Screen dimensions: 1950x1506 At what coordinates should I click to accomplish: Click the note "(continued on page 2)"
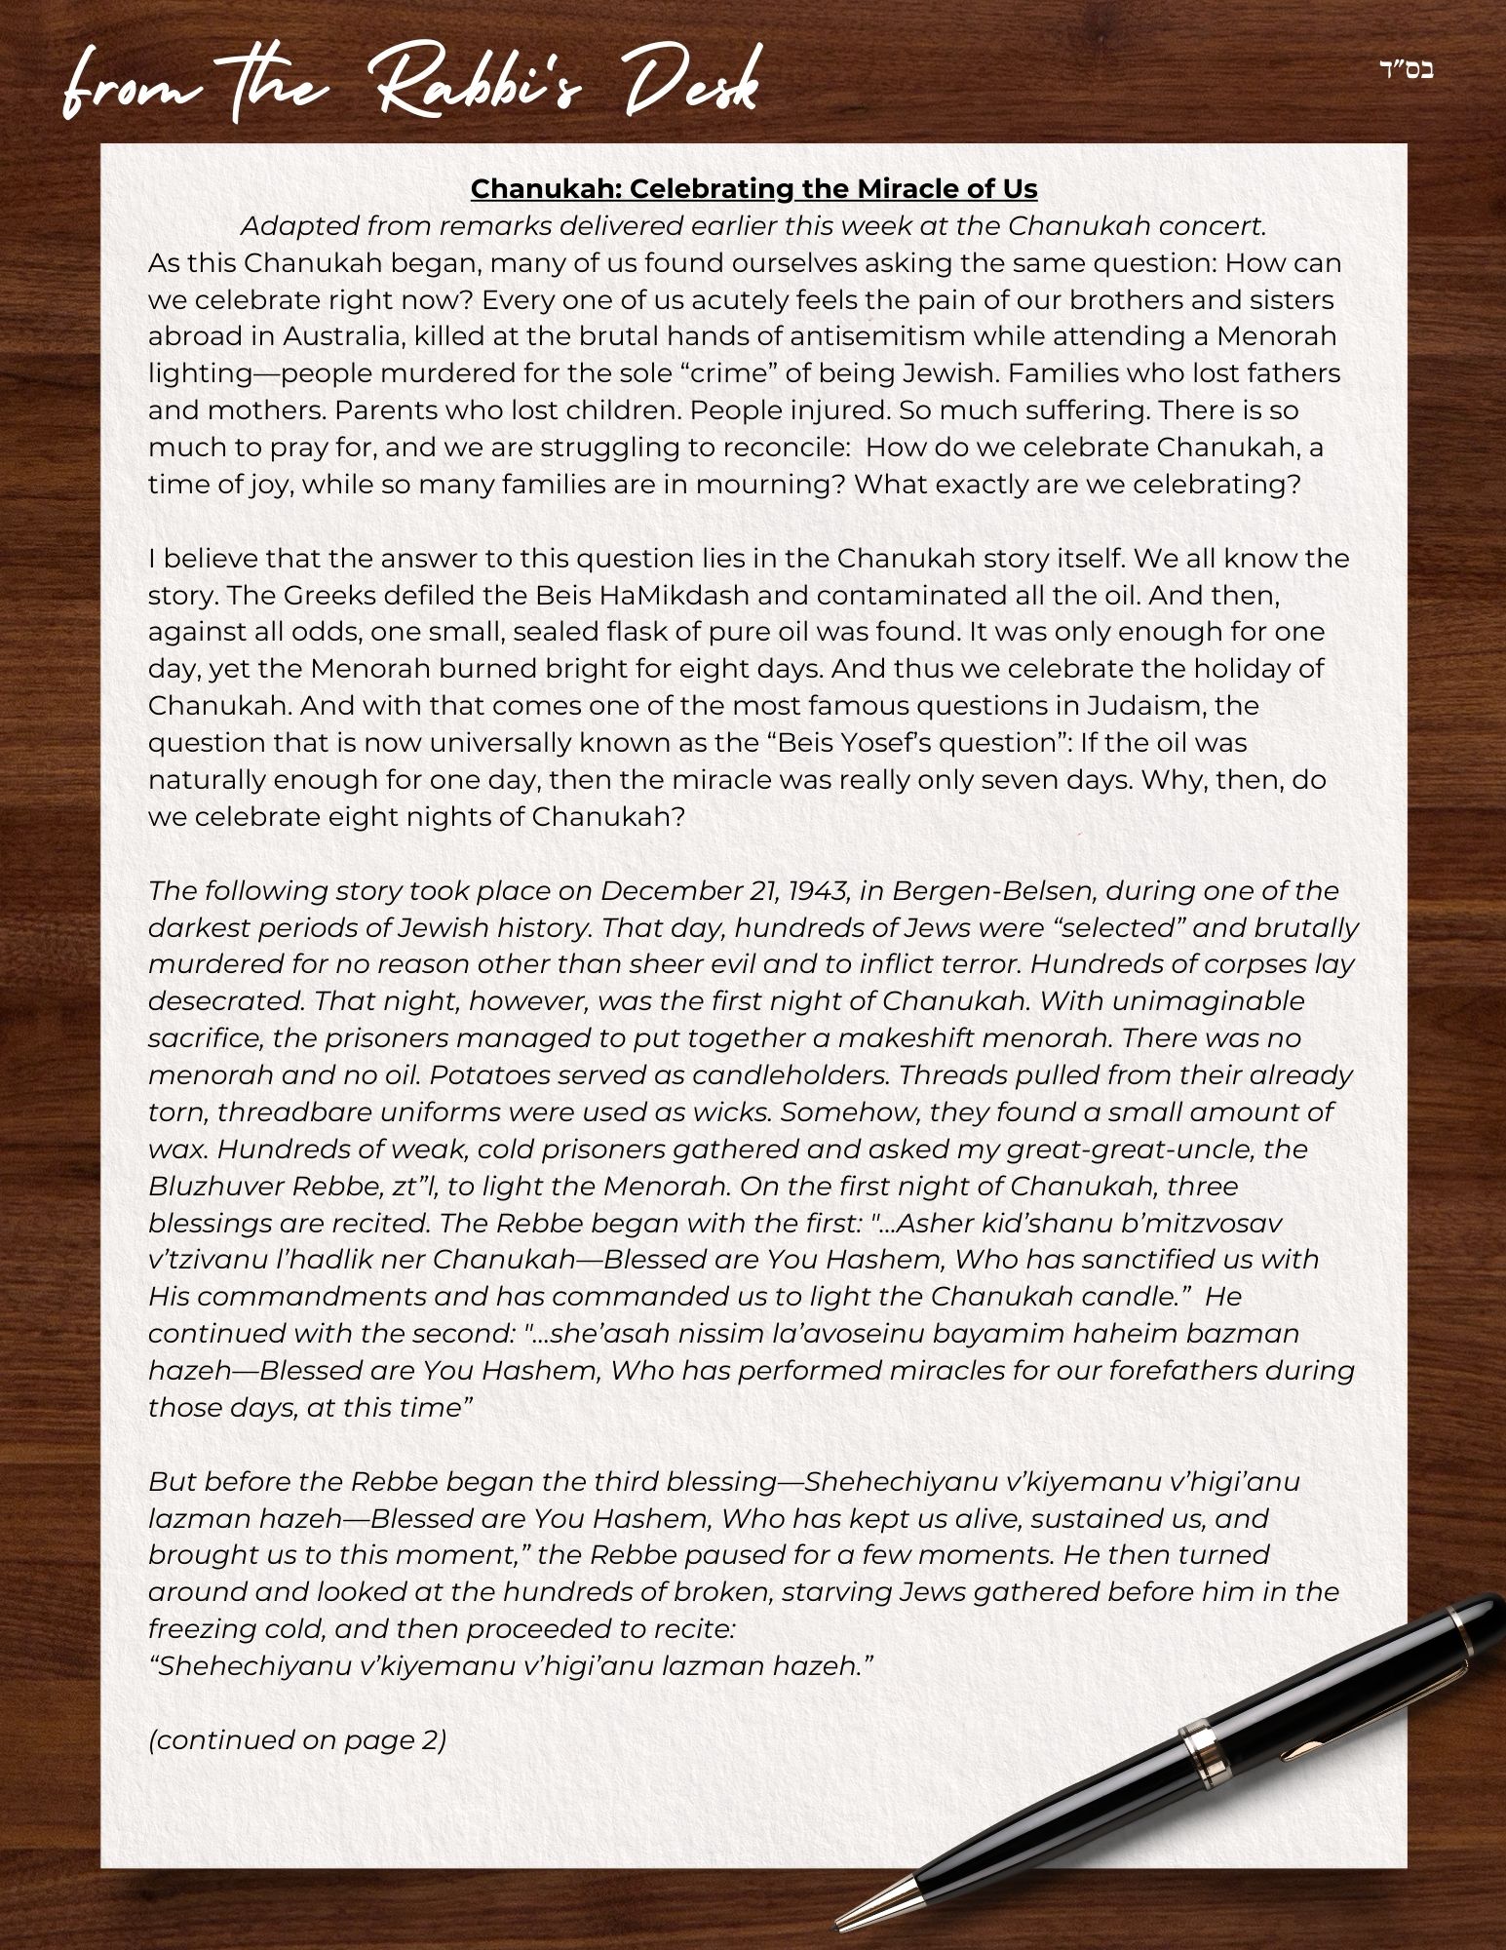pyautogui.click(x=297, y=1740)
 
